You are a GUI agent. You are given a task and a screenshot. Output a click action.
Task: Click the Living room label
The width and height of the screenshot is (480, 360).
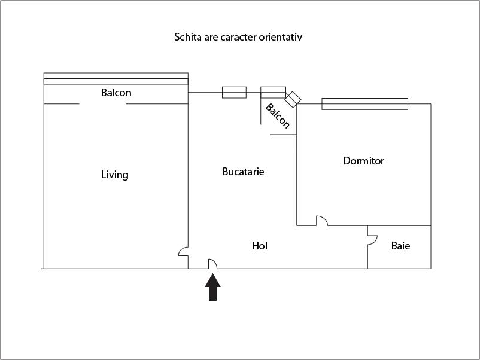point(115,175)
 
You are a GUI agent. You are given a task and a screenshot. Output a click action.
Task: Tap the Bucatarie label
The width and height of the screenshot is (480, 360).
point(244,171)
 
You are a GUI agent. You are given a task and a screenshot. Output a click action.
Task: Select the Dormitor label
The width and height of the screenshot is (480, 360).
point(364,161)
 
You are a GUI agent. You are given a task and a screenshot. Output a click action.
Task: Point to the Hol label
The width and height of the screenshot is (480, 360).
point(260,246)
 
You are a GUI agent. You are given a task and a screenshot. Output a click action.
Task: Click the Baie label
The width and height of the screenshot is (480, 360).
point(401,246)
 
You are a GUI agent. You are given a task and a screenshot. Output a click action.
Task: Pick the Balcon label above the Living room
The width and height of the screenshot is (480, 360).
point(116,93)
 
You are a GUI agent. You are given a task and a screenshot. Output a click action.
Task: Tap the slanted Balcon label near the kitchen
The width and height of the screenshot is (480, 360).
point(278,116)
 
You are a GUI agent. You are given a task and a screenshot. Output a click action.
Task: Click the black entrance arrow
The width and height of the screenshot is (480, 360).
point(212,288)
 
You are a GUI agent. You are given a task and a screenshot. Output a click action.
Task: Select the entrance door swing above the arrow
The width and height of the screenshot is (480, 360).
point(212,264)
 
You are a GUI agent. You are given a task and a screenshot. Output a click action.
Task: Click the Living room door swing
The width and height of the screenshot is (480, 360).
point(183,251)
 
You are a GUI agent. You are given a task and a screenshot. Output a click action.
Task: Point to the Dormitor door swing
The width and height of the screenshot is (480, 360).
point(322,221)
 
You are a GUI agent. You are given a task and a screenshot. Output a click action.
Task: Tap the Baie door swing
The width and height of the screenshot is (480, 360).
point(372,240)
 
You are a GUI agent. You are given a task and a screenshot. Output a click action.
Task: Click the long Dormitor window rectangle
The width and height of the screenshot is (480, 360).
point(365,104)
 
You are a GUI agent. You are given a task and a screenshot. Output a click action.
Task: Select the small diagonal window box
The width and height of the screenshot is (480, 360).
point(293,99)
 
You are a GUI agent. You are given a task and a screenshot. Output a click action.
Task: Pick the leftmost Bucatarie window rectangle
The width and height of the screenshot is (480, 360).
point(234,92)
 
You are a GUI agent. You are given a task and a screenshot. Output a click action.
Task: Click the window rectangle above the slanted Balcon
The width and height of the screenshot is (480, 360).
point(274,92)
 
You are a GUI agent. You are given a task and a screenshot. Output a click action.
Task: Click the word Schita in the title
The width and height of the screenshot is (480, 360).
point(186,37)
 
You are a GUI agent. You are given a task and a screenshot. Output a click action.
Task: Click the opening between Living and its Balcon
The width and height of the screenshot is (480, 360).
point(103,104)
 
